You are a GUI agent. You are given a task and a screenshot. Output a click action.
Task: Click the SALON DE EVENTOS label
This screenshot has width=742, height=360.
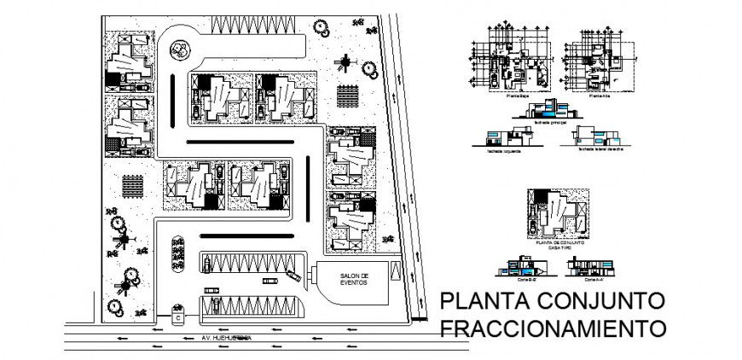click(353, 280)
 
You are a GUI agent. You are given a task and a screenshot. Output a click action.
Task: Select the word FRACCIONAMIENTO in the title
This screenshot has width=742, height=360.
click(552, 328)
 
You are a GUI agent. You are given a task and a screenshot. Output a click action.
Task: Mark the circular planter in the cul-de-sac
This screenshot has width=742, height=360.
click(179, 49)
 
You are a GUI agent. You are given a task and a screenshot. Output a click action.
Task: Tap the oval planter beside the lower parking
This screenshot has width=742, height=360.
click(178, 252)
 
